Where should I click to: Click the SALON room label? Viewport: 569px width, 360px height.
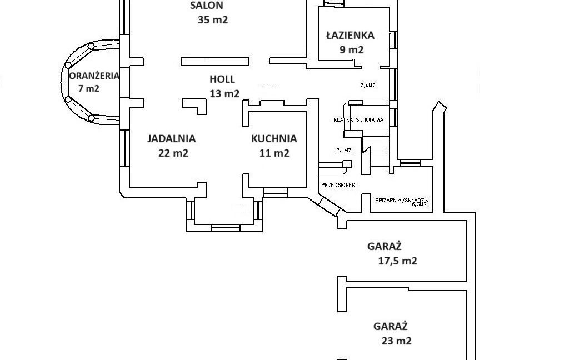[x=207, y=6]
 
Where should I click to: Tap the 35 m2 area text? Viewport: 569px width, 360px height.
[x=213, y=20]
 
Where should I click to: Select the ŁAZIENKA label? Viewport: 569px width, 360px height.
[x=350, y=35]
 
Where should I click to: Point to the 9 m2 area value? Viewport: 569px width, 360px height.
[x=351, y=49]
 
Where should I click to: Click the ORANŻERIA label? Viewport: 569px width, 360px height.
[x=94, y=76]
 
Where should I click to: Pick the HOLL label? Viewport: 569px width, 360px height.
[x=222, y=79]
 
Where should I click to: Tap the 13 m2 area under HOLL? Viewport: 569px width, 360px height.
[x=224, y=93]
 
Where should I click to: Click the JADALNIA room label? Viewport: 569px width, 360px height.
[x=171, y=139]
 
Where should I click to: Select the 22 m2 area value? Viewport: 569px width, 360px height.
[x=173, y=153]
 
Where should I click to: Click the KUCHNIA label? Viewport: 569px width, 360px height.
[x=274, y=139]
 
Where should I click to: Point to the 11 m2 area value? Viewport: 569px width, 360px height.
[x=274, y=153]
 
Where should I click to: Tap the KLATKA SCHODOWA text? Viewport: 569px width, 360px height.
[x=358, y=119]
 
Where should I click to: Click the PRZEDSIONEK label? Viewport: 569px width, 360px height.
[x=338, y=185]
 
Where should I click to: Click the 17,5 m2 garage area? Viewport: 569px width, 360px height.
[x=393, y=261]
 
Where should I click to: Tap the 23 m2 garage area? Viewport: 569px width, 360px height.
[x=397, y=341]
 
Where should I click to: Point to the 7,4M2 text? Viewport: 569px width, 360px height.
[x=368, y=86]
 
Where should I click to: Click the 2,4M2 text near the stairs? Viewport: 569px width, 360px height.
[x=344, y=150]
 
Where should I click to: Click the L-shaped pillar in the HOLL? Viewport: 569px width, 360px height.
[x=193, y=106]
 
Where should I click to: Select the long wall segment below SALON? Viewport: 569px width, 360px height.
[x=214, y=61]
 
